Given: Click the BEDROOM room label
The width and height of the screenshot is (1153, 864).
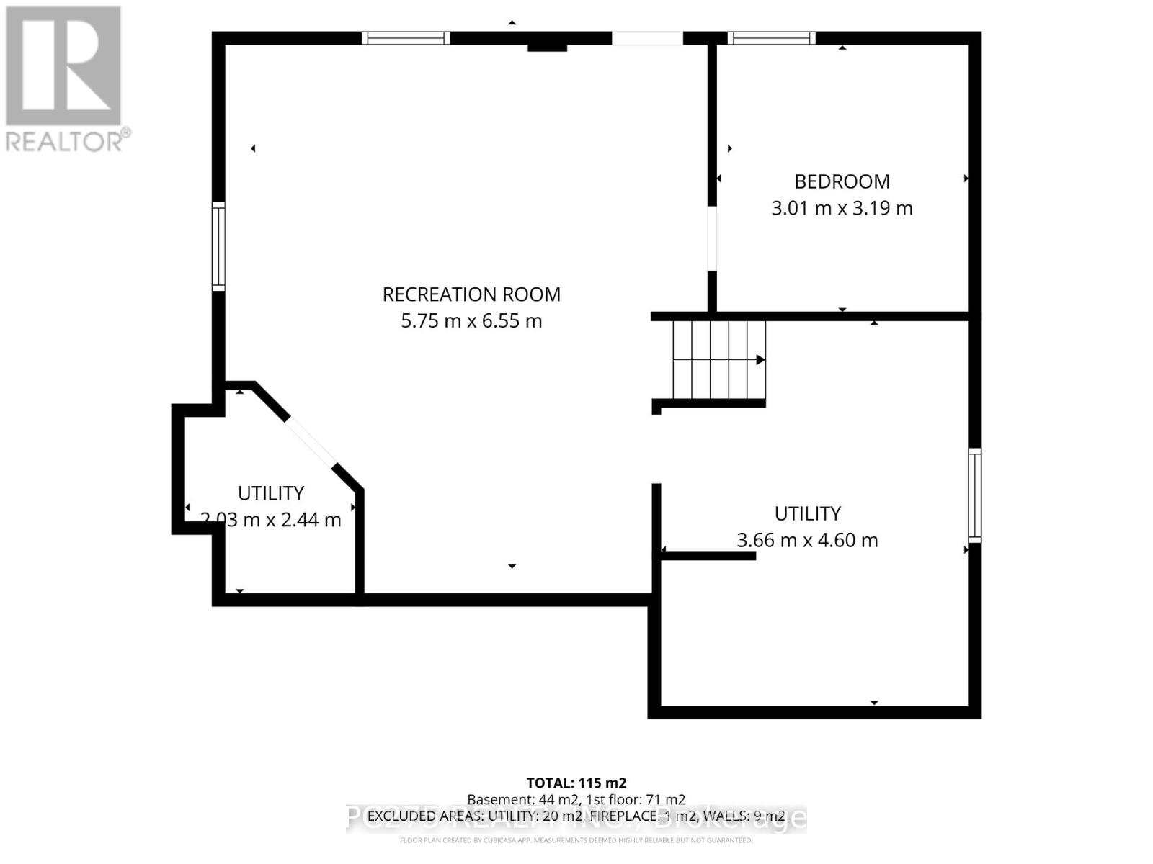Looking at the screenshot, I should pos(842,181).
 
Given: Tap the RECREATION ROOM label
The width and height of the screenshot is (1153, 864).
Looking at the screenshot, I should pos(471,294).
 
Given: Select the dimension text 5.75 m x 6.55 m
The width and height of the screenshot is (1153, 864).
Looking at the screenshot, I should pos(471,321).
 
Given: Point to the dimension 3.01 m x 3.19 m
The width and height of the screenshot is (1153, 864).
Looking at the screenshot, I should pos(842,209).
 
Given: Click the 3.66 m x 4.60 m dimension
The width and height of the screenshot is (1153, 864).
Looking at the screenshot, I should pos(807,540).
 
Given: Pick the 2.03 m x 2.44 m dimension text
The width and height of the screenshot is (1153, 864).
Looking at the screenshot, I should pos(271,520).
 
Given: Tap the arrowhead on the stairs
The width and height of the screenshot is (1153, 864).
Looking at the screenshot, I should pos(760,360).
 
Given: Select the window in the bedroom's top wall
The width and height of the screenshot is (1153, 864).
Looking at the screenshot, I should pos(771,38).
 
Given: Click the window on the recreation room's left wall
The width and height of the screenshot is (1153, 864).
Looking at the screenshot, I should pos(218,247).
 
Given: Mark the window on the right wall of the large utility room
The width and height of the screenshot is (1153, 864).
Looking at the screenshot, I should pos(974,495).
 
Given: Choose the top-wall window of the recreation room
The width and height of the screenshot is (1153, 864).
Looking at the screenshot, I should pos(406,38).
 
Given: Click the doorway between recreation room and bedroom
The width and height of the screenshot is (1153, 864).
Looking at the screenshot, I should pos(712,238).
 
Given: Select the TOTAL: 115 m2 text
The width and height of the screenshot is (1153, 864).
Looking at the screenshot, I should pos(576,783).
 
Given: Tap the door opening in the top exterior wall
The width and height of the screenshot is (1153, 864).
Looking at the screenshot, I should pos(647,38).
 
